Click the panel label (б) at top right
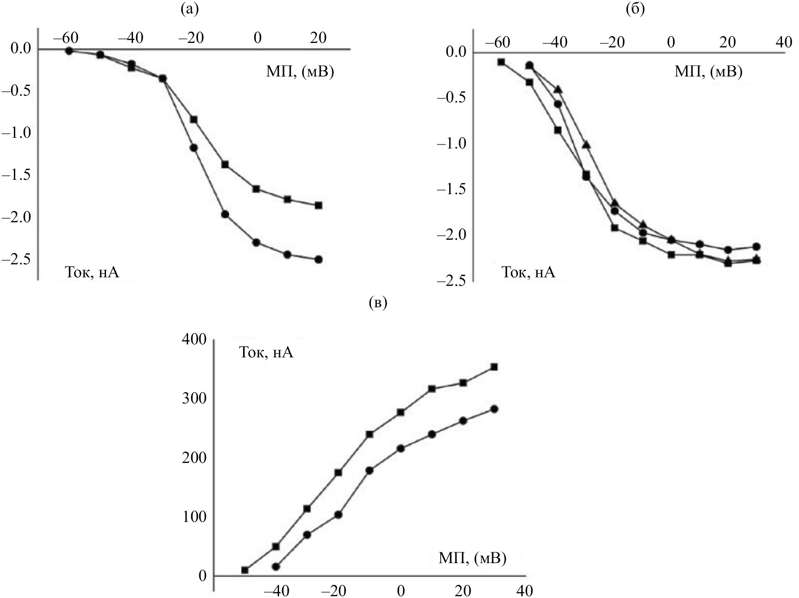(635, 9)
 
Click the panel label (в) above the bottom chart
(378, 303)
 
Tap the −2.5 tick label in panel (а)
(16, 259)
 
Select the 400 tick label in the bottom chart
(193, 340)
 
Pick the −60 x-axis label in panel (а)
(65, 38)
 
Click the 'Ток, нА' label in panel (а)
(92, 272)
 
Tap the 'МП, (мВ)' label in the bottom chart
(472, 558)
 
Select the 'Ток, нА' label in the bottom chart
(266, 352)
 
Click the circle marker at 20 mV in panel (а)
(318, 259)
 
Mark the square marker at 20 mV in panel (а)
(318, 205)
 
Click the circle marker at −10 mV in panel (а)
(225, 215)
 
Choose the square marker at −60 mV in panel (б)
(502, 62)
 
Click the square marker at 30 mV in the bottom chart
(494, 367)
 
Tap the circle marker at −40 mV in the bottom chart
(276, 567)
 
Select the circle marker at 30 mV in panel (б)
(756, 246)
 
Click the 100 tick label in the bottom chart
(193, 517)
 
